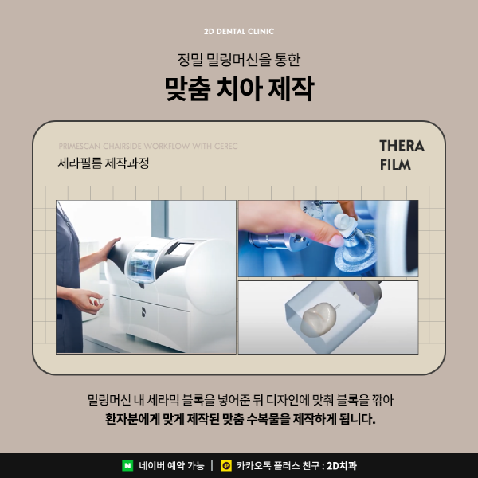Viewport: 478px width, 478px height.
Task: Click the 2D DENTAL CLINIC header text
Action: (x=239, y=32)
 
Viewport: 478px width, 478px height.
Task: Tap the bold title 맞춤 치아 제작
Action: (x=239, y=88)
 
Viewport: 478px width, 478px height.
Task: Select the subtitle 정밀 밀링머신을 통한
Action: (x=239, y=59)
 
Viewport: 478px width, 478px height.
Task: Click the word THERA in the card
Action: (x=402, y=147)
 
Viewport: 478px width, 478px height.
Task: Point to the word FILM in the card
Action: (x=396, y=165)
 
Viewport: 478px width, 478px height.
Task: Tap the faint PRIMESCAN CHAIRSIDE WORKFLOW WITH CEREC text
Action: (x=148, y=147)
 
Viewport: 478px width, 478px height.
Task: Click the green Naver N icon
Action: (x=127, y=465)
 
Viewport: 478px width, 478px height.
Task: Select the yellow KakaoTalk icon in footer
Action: (x=226, y=465)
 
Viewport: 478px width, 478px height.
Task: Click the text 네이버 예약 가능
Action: (x=171, y=465)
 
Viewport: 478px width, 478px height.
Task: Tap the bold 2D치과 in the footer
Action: (x=343, y=465)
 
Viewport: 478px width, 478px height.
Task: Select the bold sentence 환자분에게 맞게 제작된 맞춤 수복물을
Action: (x=239, y=418)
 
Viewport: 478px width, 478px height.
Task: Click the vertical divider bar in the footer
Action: (x=212, y=465)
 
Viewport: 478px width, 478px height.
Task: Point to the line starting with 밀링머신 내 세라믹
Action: (x=239, y=398)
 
